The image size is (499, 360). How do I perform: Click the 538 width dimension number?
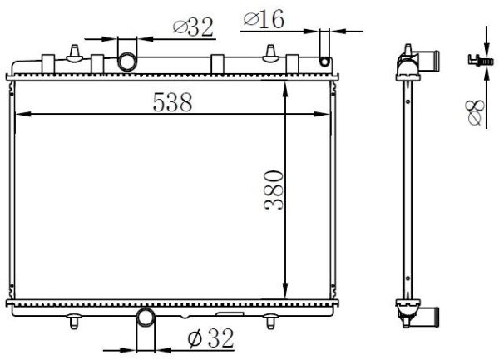pyautogui.click(x=172, y=102)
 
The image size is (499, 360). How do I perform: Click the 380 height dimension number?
pyautogui.click(x=274, y=190)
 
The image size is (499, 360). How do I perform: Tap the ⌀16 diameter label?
pyautogui.click(x=264, y=19)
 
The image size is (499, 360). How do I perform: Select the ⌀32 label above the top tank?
pyautogui.click(x=193, y=27)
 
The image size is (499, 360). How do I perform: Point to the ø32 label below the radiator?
pyautogui.click(x=211, y=338)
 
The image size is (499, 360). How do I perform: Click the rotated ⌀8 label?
pyautogui.click(x=476, y=112)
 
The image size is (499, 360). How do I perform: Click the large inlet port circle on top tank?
pyautogui.click(x=127, y=62)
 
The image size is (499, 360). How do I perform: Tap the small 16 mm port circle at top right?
pyautogui.click(x=324, y=62)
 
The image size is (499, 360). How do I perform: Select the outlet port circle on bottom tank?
pyautogui.click(x=146, y=317)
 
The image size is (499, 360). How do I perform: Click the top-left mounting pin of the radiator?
pyautogui.click(x=74, y=53)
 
